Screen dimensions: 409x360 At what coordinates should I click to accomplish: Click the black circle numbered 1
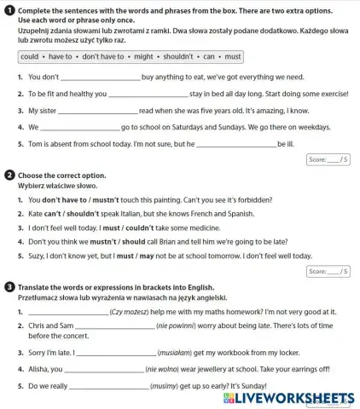[8, 9]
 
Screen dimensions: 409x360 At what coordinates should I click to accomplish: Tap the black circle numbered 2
[8, 176]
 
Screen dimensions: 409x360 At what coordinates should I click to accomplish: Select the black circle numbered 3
[8, 287]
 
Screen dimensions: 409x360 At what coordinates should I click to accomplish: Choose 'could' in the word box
[30, 57]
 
